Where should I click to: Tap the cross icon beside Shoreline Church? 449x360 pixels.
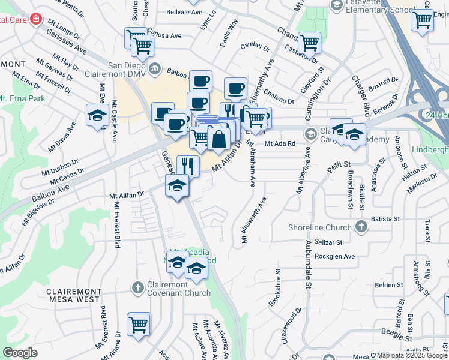click(361, 227)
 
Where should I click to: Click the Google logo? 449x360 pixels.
click(20, 353)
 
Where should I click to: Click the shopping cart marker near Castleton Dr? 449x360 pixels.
click(309, 43)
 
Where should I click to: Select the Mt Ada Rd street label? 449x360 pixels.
click(280, 143)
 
